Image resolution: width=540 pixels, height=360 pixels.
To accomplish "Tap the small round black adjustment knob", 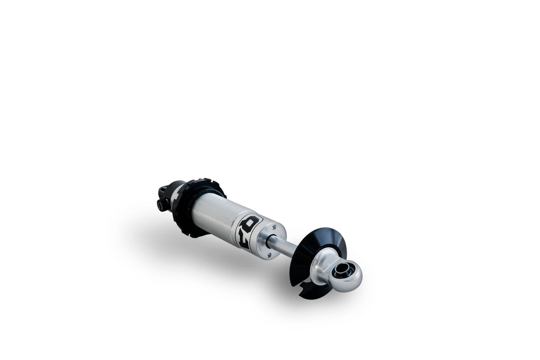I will click(x=163, y=204).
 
